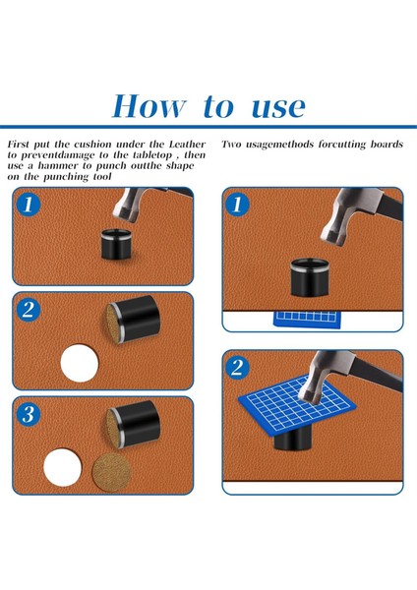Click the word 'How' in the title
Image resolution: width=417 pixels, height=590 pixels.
149,106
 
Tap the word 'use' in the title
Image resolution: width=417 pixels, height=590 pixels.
278,107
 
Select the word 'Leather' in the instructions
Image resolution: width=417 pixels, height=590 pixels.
187,145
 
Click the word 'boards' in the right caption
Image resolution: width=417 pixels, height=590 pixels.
387,145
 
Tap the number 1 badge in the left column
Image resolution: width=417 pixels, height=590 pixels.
29,206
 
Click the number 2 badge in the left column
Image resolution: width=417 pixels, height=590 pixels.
29,310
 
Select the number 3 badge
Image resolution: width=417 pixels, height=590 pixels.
29,414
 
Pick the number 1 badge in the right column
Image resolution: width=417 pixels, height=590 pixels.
237,206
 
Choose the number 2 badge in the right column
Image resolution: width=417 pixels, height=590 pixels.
237,367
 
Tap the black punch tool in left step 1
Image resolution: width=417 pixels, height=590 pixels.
116,244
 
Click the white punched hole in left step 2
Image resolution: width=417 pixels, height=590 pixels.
80,363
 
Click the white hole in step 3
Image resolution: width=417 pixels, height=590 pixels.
63,467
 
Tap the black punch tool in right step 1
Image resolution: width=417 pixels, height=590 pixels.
310,277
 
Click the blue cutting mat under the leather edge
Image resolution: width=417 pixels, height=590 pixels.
308,319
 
